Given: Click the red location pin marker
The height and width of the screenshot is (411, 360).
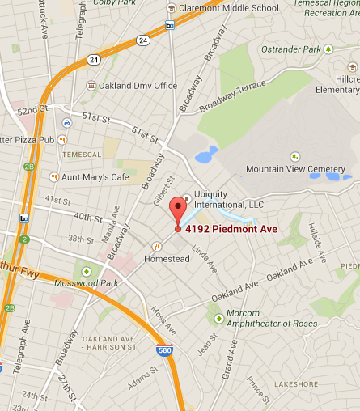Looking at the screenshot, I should click(x=177, y=212).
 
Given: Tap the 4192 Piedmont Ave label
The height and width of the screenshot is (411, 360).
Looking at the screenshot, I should click(x=231, y=229).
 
